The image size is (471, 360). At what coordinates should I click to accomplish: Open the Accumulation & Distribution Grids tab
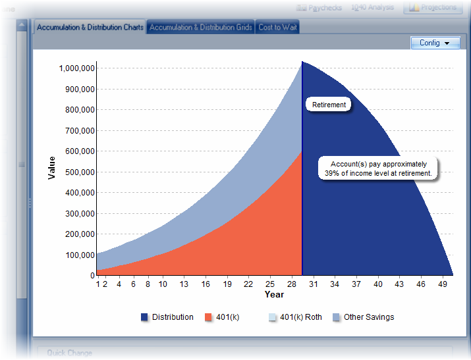point(201,28)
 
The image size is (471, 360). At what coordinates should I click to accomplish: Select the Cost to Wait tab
point(277,28)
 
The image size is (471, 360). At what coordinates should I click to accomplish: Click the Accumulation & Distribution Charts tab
point(90,28)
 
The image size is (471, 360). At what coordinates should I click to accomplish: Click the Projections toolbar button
point(433,7)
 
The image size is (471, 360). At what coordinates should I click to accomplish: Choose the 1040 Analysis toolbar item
point(372,7)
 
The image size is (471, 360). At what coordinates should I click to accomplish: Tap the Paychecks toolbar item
point(321,8)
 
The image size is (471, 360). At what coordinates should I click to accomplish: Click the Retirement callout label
point(329,105)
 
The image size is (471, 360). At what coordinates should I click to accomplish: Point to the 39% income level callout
point(378,168)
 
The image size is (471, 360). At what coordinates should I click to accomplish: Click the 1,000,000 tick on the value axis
point(77,68)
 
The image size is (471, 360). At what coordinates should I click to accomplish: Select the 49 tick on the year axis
point(443,284)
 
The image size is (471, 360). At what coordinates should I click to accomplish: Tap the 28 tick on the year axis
point(291,284)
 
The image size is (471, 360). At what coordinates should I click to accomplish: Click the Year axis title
point(274,294)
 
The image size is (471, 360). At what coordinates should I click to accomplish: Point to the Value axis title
point(51,167)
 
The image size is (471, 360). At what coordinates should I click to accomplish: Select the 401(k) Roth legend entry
point(294,317)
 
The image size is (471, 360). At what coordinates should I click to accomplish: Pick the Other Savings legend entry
point(363,317)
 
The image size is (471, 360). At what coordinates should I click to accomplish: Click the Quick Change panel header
point(69,353)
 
